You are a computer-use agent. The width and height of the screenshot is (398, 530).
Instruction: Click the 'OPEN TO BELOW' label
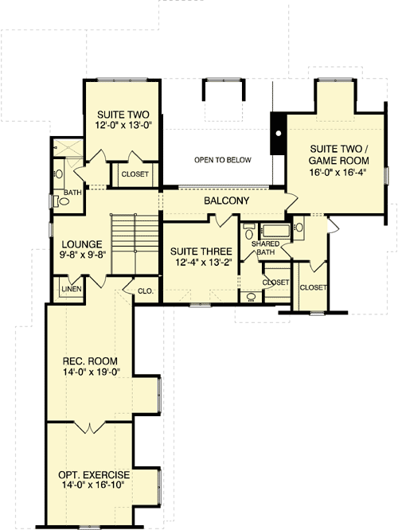click(222, 160)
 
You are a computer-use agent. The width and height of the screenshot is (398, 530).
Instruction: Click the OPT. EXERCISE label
click(90, 472)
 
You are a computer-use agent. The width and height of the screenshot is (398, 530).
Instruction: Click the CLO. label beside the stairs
click(145, 290)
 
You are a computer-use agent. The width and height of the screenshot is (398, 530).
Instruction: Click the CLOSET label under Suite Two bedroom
click(134, 174)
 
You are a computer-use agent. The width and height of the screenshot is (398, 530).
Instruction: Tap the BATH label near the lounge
click(72, 193)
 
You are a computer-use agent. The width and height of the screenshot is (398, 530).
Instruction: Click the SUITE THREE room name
click(201, 251)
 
